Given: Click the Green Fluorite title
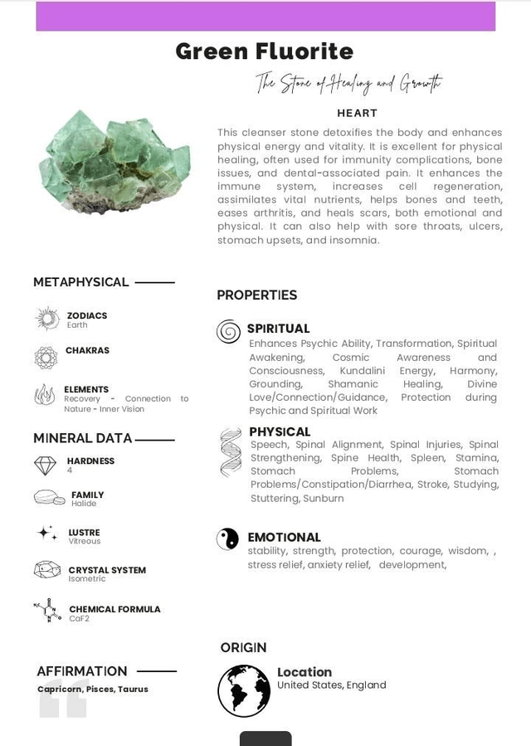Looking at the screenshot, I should point(264,51).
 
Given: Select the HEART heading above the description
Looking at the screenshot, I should point(357,113).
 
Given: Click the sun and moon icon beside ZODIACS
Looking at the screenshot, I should point(47,319).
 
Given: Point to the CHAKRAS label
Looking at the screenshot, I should point(87,350).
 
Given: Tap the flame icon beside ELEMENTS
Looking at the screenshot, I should point(45,394).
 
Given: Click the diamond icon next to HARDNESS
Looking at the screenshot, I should point(46,465).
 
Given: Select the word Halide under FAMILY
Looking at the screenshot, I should point(84,504).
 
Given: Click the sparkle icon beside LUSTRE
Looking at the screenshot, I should point(47,534).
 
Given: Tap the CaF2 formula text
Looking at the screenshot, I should point(79,619).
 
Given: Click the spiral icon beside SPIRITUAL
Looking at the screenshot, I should point(228,332).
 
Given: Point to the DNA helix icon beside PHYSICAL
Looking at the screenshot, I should point(231,452).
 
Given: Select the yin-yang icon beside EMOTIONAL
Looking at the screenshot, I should point(227,539).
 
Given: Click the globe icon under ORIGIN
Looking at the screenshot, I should point(244,690).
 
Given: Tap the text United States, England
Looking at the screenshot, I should point(331,685).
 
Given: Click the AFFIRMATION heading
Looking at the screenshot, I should point(81,670).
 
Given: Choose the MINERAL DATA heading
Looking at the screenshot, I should point(82,438).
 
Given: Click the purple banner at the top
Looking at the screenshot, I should point(265,16).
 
